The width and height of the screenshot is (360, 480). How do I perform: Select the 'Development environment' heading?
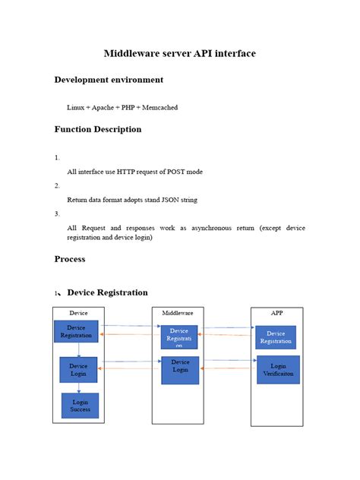[109, 80]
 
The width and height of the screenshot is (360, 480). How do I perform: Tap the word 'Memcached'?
[160, 108]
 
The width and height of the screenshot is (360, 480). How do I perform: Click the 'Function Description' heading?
[98, 129]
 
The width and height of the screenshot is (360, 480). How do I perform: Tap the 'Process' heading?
[70, 259]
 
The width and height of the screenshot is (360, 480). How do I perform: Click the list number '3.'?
[57, 214]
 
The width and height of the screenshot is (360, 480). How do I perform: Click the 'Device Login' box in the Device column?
[79, 370]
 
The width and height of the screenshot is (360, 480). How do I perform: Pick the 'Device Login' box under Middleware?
[180, 367]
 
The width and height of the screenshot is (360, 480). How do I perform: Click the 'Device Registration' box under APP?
[276, 337]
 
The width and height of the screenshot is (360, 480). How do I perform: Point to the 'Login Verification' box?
[278, 369]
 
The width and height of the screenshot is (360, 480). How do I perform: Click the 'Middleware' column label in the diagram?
[178, 313]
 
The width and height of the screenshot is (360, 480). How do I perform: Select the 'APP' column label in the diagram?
[277, 312]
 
